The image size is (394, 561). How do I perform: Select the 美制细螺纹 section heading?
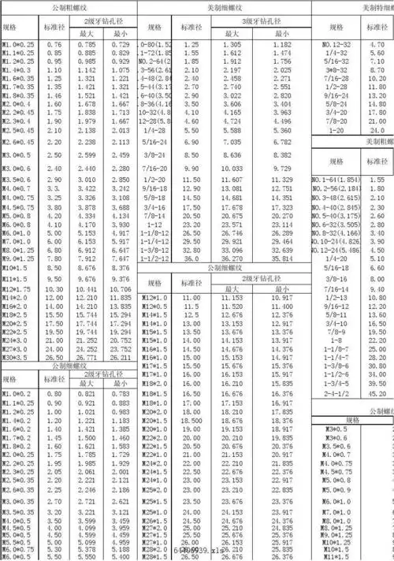(227, 7)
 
